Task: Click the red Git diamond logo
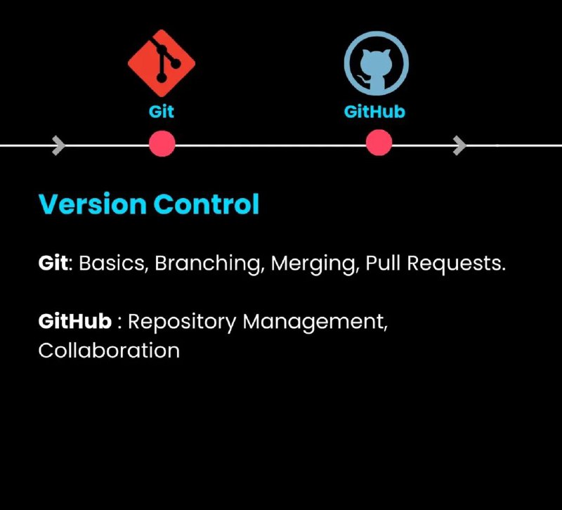pyautogui.click(x=162, y=63)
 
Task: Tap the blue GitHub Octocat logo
pyautogui.click(x=377, y=63)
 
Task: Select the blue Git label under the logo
pyautogui.click(x=162, y=112)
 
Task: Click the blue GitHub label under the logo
pyautogui.click(x=374, y=112)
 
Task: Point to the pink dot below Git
pyautogui.click(x=162, y=144)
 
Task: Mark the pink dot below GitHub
pyautogui.click(x=379, y=143)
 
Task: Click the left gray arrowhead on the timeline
pyautogui.click(x=59, y=145)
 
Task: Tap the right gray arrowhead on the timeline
pyautogui.click(x=460, y=145)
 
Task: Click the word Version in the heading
pyautogui.click(x=93, y=204)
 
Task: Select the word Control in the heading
pyautogui.click(x=207, y=204)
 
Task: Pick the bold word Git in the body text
pyautogui.click(x=53, y=263)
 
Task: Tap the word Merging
pyautogui.click(x=314, y=263)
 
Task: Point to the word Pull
pyautogui.click(x=383, y=263)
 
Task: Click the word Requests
pyautogui.click(x=456, y=263)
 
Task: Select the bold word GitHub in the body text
pyautogui.click(x=75, y=321)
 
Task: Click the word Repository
pyautogui.click(x=182, y=322)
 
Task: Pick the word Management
pyautogui.click(x=315, y=322)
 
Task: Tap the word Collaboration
pyautogui.click(x=109, y=350)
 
